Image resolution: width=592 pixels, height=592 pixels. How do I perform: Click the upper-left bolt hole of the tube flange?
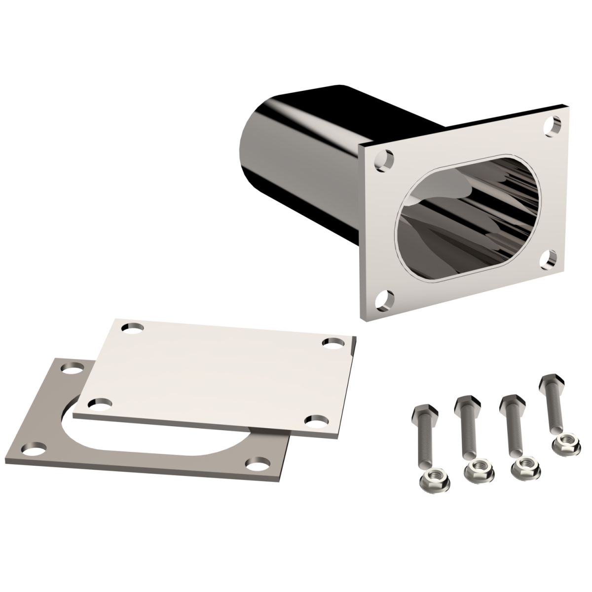384,161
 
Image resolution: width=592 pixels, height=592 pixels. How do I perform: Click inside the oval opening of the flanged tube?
469,222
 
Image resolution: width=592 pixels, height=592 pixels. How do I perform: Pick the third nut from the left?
524,467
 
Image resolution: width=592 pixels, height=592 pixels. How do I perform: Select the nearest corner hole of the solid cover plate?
313,421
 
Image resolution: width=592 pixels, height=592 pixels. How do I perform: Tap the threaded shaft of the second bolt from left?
466,437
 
